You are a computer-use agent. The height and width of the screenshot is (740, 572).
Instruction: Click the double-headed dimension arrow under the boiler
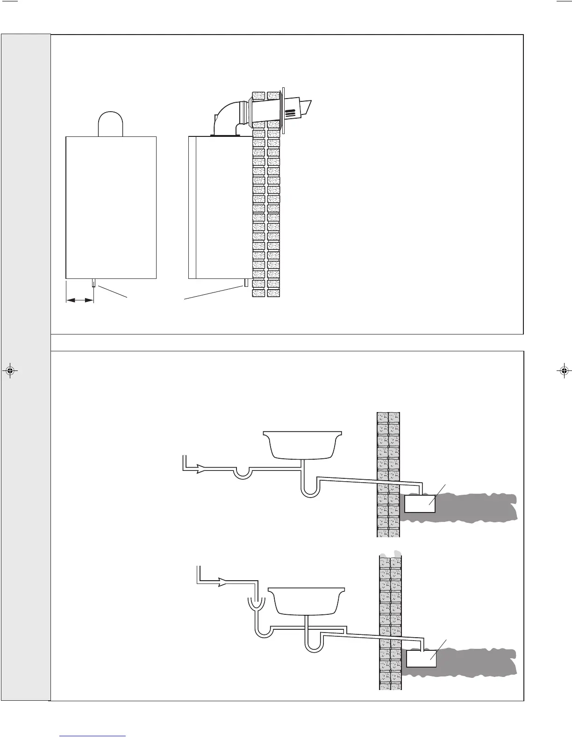click(x=80, y=301)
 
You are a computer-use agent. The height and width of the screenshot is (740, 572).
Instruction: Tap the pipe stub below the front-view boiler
click(x=94, y=283)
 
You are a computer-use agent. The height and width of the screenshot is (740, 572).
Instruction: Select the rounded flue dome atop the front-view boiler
click(x=110, y=123)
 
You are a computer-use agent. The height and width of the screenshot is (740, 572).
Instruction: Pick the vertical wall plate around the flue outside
click(x=283, y=110)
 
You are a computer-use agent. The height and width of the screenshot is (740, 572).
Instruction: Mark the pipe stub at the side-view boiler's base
click(x=245, y=283)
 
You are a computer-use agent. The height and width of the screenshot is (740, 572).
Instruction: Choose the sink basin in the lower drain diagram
click(x=308, y=600)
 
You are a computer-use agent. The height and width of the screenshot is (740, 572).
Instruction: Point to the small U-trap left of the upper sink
click(x=241, y=473)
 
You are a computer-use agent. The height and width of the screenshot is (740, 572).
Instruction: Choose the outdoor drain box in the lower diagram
click(x=421, y=659)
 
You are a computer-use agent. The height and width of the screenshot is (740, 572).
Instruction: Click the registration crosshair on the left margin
click(x=10, y=372)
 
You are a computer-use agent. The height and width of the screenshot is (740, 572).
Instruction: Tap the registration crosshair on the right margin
click(x=564, y=372)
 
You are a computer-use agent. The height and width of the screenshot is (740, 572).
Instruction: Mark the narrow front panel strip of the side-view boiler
click(x=192, y=207)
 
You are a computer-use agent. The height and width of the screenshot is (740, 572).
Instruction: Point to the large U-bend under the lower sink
click(x=313, y=644)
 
